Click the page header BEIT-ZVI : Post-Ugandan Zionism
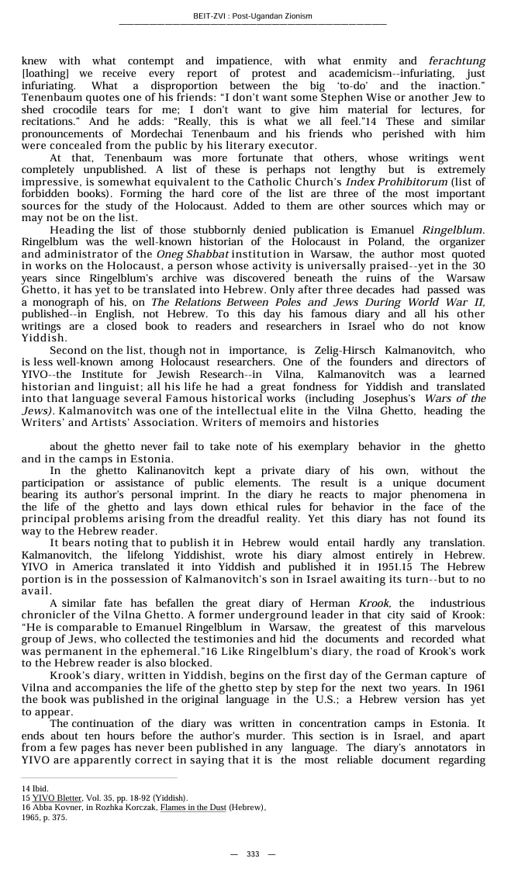253,16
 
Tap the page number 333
253,853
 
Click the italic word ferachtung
457,61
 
